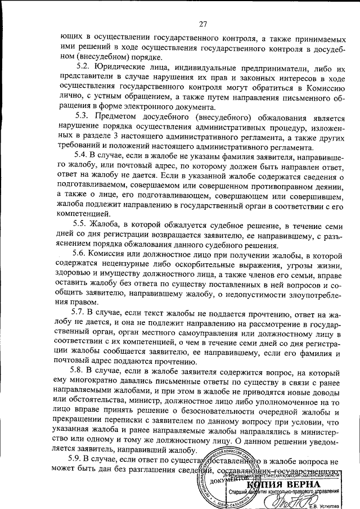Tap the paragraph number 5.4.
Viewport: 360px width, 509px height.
[82, 154]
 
